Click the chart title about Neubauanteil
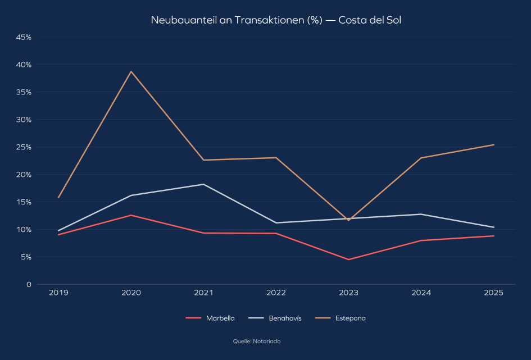[x=276, y=20]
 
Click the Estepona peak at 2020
[x=131, y=71]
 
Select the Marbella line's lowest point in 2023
[x=348, y=259]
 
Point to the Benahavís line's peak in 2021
[x=203, y=184]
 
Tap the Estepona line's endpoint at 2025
[x=494, y=145]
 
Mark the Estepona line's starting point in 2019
[x=58, y=198]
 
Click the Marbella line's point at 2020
[x=131, y=215]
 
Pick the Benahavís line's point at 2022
[x=276, y=223]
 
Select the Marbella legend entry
[x=210, y=318]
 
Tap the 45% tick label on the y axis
[x=23, y=37]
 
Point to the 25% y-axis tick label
[x=23, y=147]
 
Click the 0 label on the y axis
[x=28, y=285]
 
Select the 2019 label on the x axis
[x=58, y=293]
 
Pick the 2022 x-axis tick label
[x=276, y=293]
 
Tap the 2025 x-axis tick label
[x=494, y=293]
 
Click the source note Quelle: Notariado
[x=257, y=341]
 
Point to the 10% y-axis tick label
[x=23, y=230]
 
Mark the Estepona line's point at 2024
[x=421, y=158]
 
